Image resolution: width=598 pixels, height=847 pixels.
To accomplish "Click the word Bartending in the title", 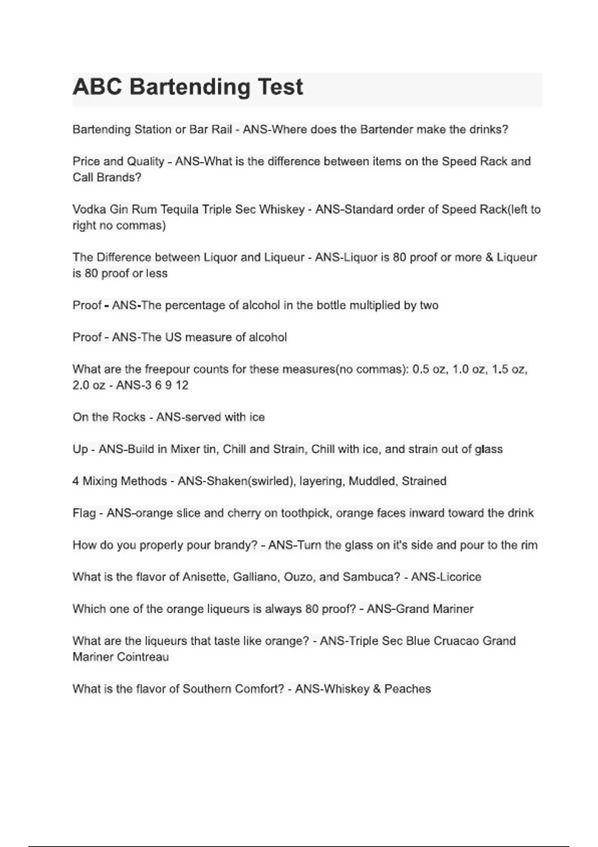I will coord(189,87).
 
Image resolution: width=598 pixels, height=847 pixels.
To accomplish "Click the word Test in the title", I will coord(281,87).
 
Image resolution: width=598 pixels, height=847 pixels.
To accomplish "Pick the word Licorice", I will coord(460,577).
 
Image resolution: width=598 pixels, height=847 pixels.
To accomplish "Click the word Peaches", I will coord(408,689).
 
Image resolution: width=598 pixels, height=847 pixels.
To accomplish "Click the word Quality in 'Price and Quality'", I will coord(146,161).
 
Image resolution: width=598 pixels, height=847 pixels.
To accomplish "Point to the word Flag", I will coord(84,513).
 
